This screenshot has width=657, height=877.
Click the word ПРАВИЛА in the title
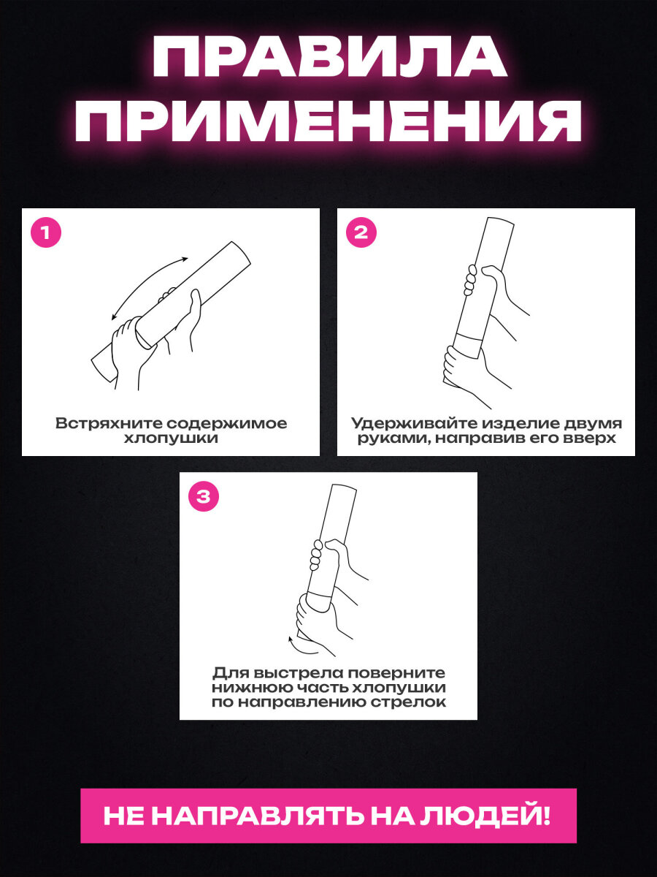[x=329, y=57]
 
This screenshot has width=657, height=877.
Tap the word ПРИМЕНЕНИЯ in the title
[x=328, y=121]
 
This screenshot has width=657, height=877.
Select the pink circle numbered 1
[x=46, y=232]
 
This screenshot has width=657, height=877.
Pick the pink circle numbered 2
[x=361, y=232]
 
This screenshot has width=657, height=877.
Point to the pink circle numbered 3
[x=204, y=497]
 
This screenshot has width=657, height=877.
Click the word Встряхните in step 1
[x=107, y=423]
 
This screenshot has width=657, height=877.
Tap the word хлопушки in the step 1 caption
[x=171, y=438]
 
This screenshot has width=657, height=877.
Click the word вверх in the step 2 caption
[x=590, y=438]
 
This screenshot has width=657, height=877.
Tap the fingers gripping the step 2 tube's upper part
[x=471, y=279]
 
